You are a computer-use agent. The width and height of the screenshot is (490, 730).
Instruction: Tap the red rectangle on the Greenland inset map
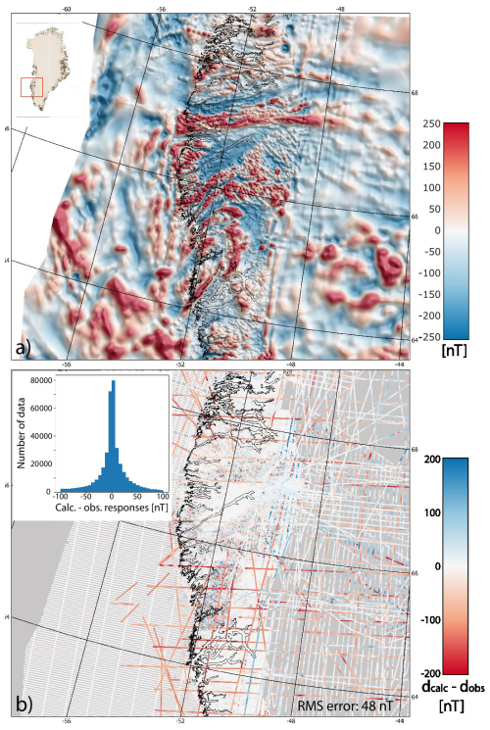[x=31, y=87]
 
